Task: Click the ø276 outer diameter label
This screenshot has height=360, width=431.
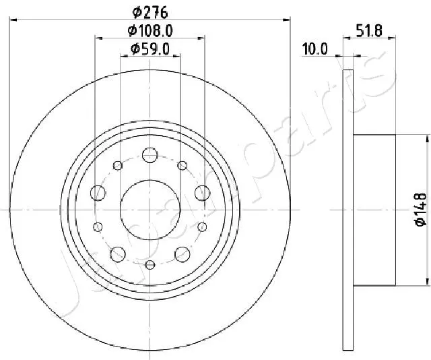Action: click(150, 11)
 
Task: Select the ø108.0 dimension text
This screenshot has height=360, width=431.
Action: click(150, 30)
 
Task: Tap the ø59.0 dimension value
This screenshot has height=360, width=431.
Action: click(150, 49)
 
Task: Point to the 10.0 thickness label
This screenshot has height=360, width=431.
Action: click(314, 49)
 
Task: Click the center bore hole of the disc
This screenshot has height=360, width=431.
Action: click(150, 210)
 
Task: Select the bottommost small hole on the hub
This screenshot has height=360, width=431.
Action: click(150, 264)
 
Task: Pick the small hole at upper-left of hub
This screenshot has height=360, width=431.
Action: click(118, 166)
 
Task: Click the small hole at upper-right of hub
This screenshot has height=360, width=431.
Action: click(182, 166)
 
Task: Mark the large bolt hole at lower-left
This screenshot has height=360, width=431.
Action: click(118, 253)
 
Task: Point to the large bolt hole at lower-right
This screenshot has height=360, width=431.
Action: click(182, 253)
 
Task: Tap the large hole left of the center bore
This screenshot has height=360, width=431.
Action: click(98, 193)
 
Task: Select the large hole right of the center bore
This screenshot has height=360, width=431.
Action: click(201, 193)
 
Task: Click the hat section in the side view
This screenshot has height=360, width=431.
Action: click(374, 210)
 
